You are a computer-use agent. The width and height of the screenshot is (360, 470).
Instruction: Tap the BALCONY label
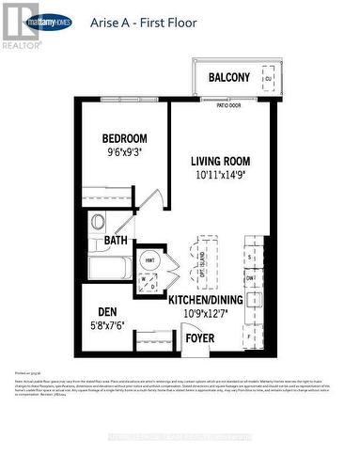click(x=229, y=77)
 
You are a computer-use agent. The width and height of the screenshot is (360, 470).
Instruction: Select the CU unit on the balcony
click(x=267, y=80)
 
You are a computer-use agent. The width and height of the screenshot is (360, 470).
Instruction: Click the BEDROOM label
click(x=125, y=138)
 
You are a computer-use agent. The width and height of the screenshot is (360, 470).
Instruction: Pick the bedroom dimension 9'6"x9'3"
click(x=125, y=154)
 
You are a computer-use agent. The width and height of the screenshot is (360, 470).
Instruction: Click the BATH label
click(x=116, y=241)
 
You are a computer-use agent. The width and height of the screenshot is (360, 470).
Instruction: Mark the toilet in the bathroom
click(x=97, y=224)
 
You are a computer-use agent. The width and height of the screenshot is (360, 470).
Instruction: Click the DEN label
click(x=106, y=313)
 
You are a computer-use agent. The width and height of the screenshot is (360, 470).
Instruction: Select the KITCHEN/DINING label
click(x=206, y=299)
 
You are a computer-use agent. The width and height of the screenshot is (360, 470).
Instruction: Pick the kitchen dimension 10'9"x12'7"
click(x=206, y=314)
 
